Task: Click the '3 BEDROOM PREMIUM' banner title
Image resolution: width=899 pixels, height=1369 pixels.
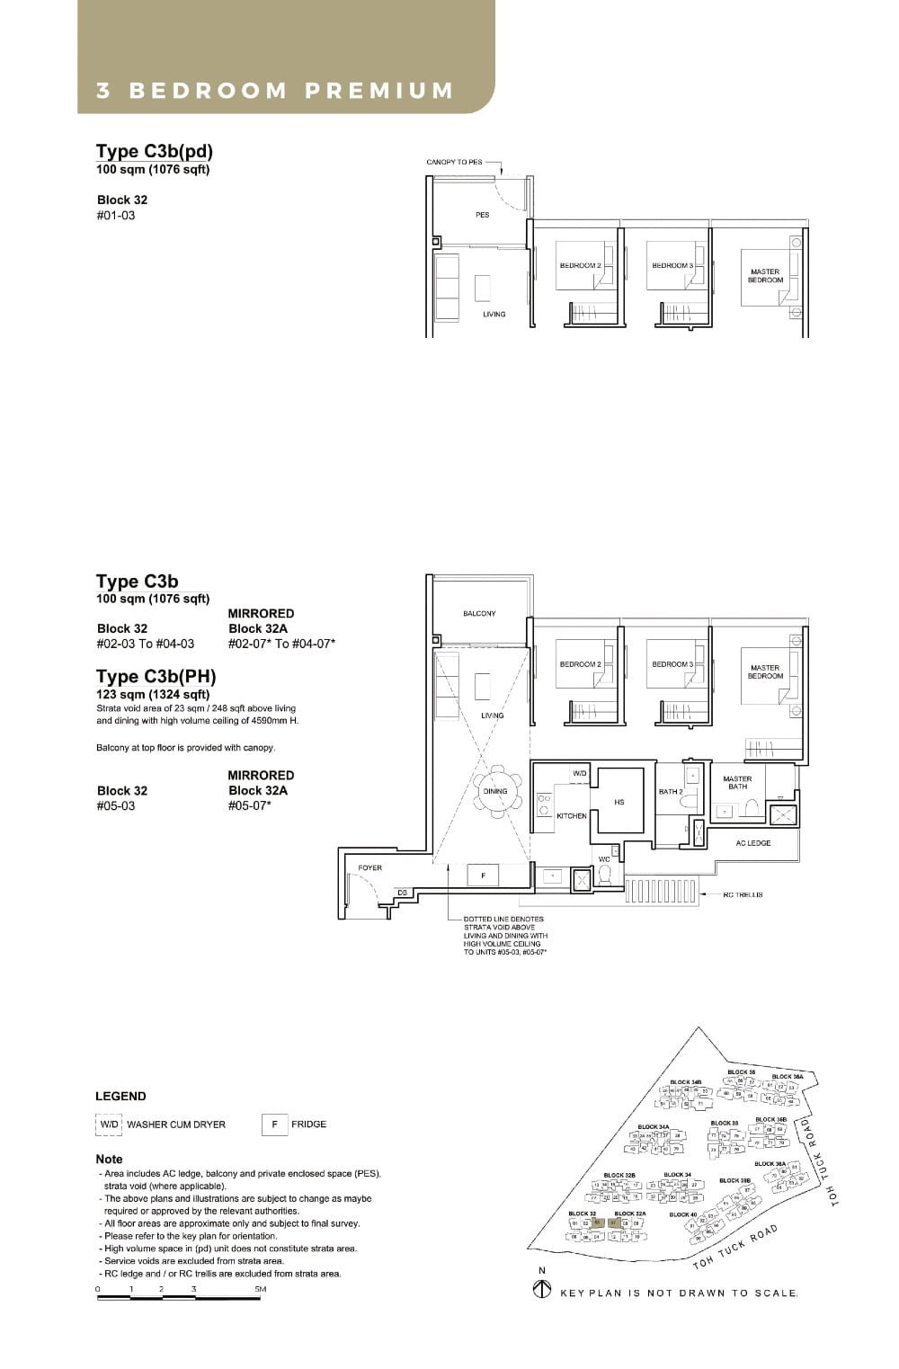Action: click(x=275, y=91)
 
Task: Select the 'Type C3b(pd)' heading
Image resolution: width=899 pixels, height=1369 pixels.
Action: click(x=155, y=151)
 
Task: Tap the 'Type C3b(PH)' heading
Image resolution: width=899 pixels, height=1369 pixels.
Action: click(x=156, y=676)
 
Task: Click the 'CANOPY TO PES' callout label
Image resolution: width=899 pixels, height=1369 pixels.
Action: click(x=454, y=162)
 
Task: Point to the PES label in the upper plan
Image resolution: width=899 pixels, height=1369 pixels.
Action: click(x=483, y=215)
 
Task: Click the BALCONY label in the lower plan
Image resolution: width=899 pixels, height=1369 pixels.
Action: click(x=479, y=613)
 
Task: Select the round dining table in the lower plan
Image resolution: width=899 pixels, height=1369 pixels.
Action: click(x=495, y=792)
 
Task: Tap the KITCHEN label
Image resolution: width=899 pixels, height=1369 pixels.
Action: click(x=571, y=816)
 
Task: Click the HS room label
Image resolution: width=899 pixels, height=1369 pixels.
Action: click(x=619, y=802)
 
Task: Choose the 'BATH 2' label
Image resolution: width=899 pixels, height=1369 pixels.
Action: click(x=670, y=792)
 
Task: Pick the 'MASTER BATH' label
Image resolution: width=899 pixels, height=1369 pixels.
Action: click(x=737, y=783)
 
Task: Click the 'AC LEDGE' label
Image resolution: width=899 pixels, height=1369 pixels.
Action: click(x=752, y=843)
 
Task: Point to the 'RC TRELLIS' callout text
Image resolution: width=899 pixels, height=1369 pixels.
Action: click(x=743, y=894)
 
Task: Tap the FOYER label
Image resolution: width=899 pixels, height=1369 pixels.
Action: click(x=369, y=867)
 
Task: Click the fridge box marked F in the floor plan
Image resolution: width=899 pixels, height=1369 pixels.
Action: click(x=484, y=875)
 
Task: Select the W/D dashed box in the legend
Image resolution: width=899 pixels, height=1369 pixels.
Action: click(x=109, y=1125)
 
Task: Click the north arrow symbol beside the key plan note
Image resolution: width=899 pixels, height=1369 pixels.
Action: click(x=542, y=1290)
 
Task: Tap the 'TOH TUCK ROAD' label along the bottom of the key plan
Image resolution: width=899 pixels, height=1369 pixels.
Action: click(x=734, y=1247)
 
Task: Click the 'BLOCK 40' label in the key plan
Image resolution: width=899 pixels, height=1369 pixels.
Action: click(x=682, y=1214)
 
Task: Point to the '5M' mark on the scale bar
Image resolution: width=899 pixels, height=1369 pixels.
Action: click(x=260, y=1289)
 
